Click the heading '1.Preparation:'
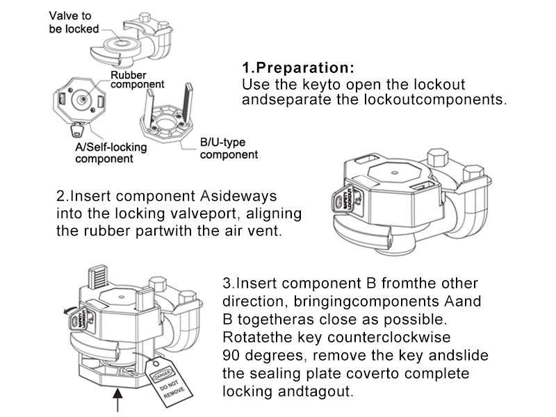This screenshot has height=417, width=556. pyautogui.click(x=297, y=69)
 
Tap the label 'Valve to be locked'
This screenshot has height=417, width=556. pyautogui.click(x=72, y=23)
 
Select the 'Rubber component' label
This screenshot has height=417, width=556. pyautogui.click(x=137, y=79)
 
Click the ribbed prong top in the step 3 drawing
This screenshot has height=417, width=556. pyautogui.click(x=98, y=277)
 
